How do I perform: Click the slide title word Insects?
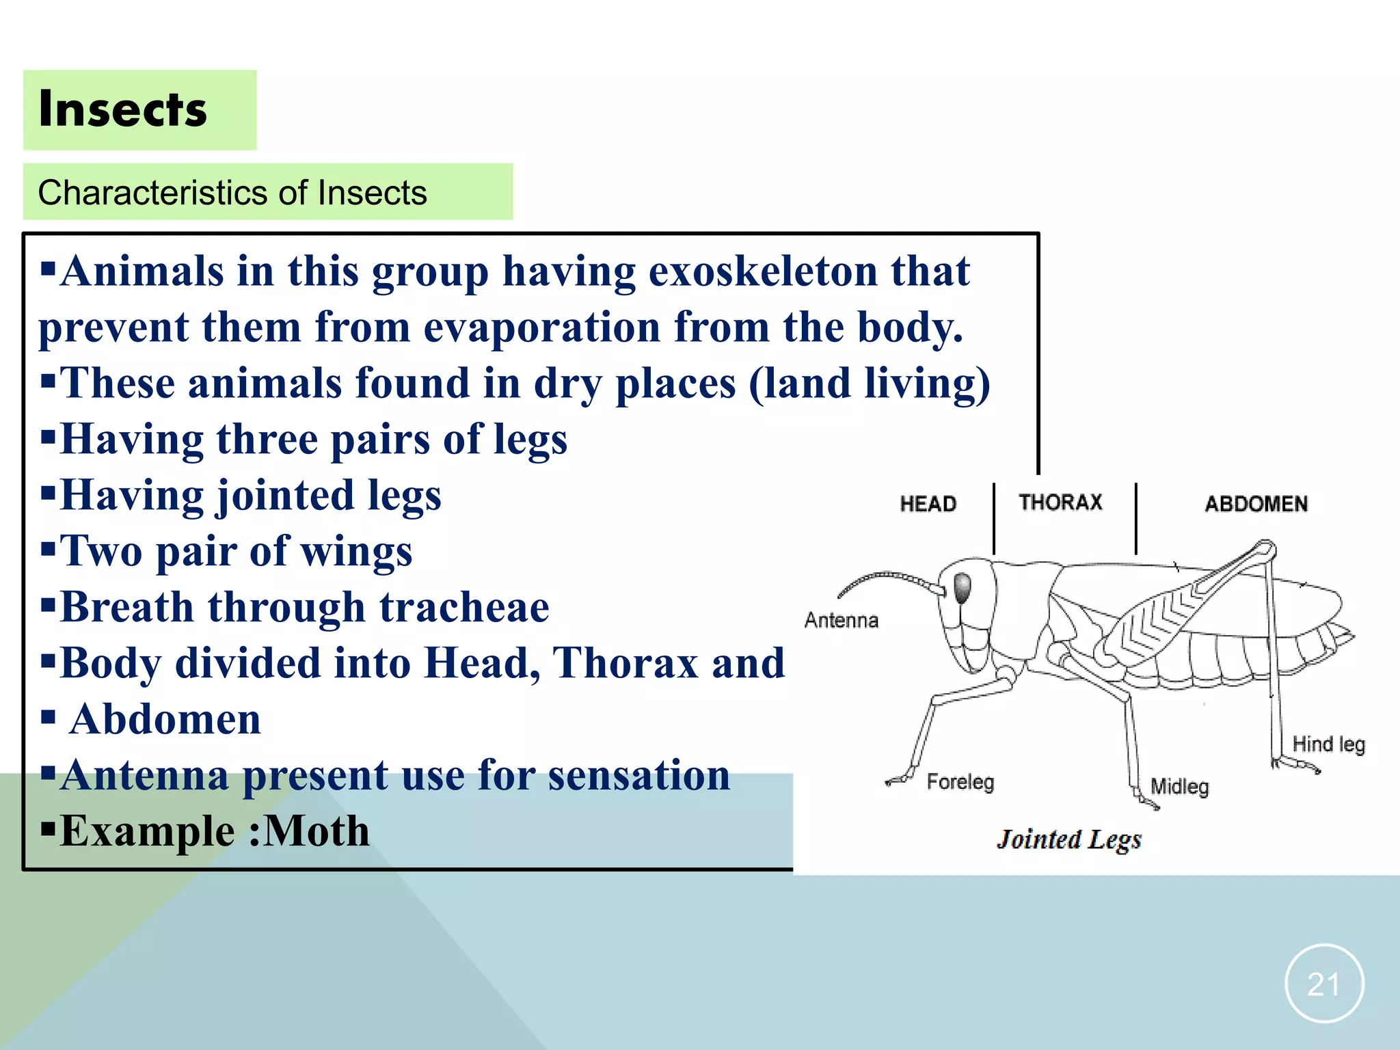pyautogui.click(x=123, y=109)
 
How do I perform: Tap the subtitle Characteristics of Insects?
pyautogui.click(x=232, y=193)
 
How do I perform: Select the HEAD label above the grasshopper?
pyautogui.click(x=928, y=504)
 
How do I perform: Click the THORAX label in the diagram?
pyautogui.click(x=1060, y=502)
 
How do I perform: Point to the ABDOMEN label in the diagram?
pyautogui.click(x=1256, y=504)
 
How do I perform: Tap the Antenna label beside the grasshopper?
pyautogui.click(x=841, y=621)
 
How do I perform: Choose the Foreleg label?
pyautogui.click(x=960, y=781)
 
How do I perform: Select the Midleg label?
pyautogui.click(x=1179, y=786)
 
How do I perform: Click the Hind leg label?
pyautogui.click(x=1328, y=744)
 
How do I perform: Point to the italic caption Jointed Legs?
pyautogui.click(x=1069, y=839)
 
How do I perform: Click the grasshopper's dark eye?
pyautogui.click(x=962, y=587)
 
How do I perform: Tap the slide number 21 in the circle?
pyautogui.click(x=1324, y=984)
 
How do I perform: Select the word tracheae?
pyautogui.click(x=464, y=607)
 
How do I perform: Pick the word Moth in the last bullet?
pyautogui.click(x=317, y=831)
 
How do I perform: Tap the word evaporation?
pyautogui.click(x=542, y=327)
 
